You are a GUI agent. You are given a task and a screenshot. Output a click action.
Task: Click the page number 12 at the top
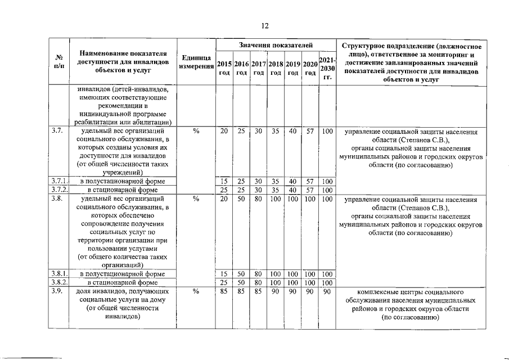pyautogui.click(x=264, y=25)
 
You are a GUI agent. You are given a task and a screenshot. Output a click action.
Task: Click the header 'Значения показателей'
pyautogui.click(x=272, y=44)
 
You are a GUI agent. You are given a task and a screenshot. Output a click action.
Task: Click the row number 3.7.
pyautogui.click(x=56, y=131)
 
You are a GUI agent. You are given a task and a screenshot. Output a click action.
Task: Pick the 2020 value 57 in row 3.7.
pyautogui.click(x=309, y=131)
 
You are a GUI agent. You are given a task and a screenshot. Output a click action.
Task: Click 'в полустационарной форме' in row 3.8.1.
pyautogui.click(x=122, y=274)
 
